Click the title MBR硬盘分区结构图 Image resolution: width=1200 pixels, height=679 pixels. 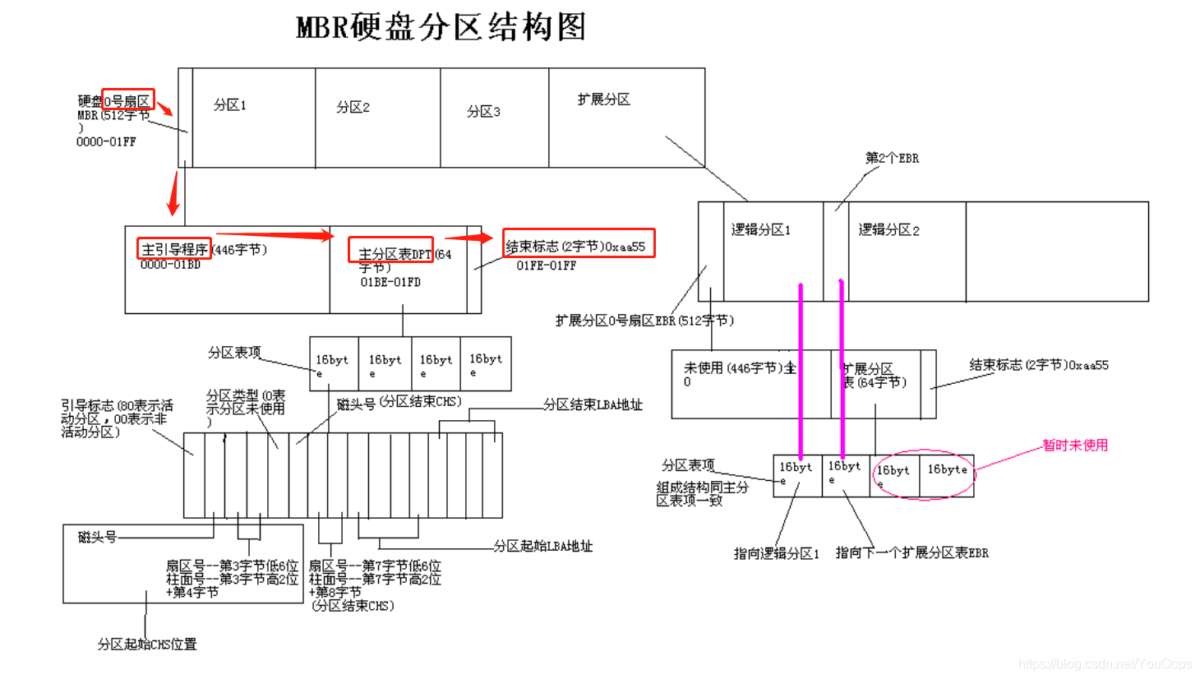441,27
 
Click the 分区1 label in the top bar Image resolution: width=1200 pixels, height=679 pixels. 230,105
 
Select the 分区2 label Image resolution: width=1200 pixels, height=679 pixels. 353,108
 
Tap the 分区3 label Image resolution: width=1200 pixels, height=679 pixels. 483,112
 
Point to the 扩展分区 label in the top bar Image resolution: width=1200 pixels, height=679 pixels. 604,99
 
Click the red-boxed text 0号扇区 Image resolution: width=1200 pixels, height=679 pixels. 127,100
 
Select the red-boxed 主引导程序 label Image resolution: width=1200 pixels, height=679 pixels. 174,249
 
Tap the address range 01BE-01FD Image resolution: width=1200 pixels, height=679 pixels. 390,282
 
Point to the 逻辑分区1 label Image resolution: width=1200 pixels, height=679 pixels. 761,229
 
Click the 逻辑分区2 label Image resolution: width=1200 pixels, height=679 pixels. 889,230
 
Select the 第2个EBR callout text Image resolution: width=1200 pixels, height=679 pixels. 892,158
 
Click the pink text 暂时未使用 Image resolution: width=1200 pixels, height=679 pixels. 1075,445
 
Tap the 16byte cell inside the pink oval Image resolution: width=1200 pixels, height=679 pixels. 947,469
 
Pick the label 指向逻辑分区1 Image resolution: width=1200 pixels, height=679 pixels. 776,553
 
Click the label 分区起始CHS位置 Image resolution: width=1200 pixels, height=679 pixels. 147,644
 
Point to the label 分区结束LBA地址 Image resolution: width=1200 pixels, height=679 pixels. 593,404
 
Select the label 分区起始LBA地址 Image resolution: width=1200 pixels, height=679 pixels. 543,546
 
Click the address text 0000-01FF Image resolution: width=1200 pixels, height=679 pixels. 106,141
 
